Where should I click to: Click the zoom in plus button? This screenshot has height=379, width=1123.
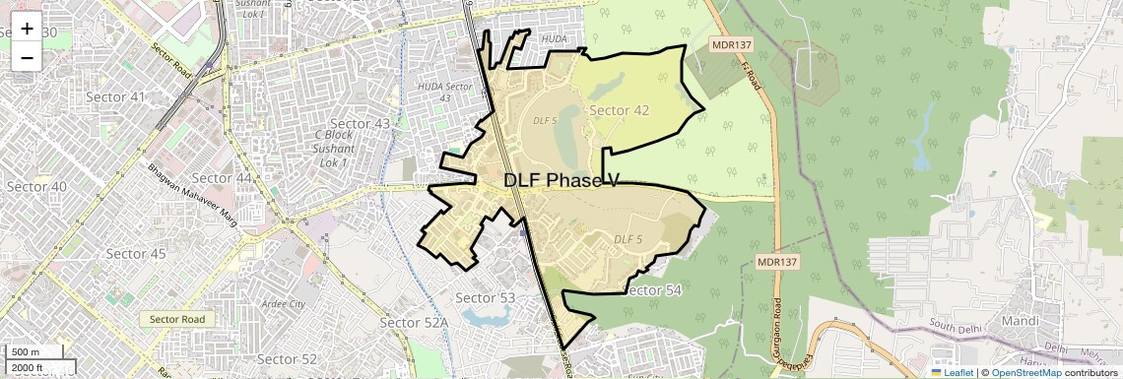(x=27, y=29)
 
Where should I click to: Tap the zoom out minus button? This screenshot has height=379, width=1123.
(x=27, y=57)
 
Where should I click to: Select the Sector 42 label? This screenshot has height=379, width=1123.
(x=619, y=110)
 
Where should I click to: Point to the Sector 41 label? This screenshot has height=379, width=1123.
(x=114, y=96)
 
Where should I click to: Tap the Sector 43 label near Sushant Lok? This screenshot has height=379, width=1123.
(x=360, y=123)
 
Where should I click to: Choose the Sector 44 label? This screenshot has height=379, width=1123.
(x=224, y=177)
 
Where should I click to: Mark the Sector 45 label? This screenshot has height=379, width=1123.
(x=136, y=253)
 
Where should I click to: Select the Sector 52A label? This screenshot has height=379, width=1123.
(x=414, y=323)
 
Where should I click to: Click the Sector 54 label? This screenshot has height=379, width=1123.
(x=653, y=289)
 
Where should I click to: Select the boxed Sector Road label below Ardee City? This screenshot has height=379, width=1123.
(x=177, y=319)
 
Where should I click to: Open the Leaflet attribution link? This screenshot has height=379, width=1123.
(x=951, y=372)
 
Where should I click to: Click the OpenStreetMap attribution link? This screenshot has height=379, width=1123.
(x=1026, y=372)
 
